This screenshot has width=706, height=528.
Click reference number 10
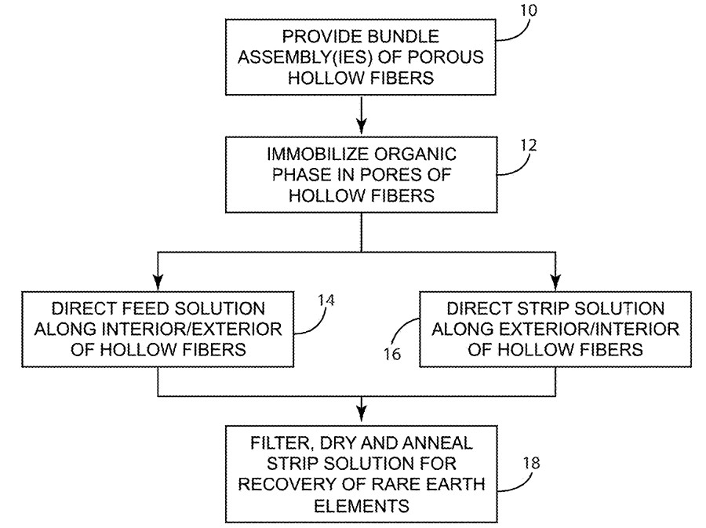click(x=529, y=10)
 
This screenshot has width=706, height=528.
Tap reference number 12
click(x=529, y=145)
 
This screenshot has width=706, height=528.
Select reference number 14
click(x=326, y=300)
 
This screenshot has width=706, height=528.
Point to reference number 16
click(x=392, y=355)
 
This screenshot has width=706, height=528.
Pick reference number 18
click(x=531, y=463)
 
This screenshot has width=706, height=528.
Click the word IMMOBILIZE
click(x=318, y=154)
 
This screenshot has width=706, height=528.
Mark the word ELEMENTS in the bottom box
click(x=362, y=506)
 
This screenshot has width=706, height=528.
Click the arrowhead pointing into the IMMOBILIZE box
click(x=362, y=127)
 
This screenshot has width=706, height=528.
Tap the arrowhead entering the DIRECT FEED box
click(x=158, y=282)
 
